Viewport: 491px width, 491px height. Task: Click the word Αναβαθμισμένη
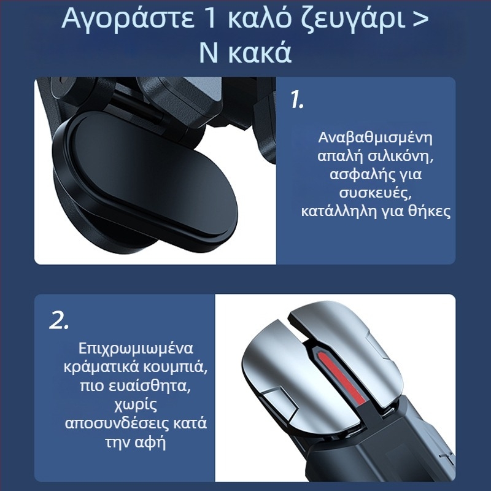(x=376, y=137)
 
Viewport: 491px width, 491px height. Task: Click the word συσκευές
(x=375, y=194)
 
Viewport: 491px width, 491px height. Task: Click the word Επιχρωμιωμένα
(x=136, y=348)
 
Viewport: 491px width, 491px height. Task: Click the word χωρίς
(x=136, y=404)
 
